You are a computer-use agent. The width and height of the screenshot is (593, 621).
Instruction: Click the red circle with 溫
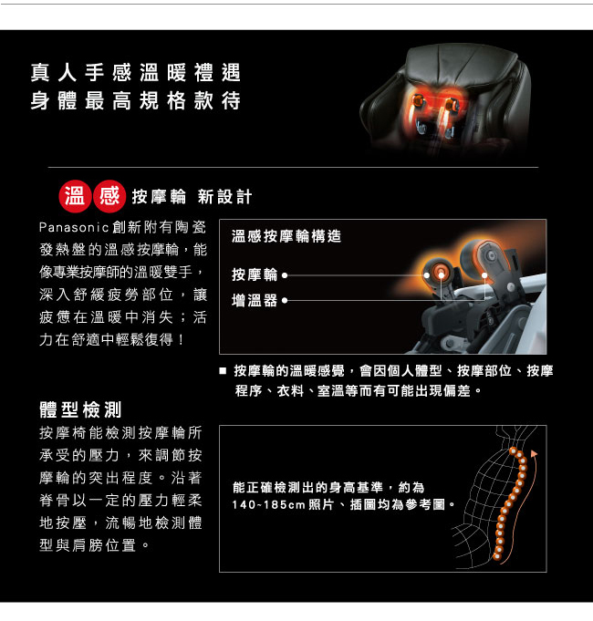click(x=75, y=196)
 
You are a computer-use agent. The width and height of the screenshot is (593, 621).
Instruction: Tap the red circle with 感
click(x=109, y=196)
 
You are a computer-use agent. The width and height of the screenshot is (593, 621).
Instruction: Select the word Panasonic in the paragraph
click(x=74, y=227)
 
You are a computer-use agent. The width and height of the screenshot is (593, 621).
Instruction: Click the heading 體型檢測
click(x=80, y=409)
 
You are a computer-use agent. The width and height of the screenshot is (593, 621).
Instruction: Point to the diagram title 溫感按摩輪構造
click(x=286, y=236)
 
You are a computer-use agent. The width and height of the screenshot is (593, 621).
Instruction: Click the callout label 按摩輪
click(x=255, y=274)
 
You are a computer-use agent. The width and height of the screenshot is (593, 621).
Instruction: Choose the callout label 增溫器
click(x=255, y=301)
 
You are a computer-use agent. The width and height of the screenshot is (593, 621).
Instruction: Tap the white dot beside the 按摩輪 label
click(x=285, y=275)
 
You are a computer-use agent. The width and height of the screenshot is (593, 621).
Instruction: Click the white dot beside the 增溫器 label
click(x=285, y=301)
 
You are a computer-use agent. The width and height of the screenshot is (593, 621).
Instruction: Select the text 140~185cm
click(x=268, y=505)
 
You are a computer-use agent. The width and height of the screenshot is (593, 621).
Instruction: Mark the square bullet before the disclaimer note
click(x=223, y=371)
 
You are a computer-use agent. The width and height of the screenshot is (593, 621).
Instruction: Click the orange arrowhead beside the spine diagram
click(x=535, y=453)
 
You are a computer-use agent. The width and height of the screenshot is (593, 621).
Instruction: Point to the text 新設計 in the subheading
click(x=224, y=197)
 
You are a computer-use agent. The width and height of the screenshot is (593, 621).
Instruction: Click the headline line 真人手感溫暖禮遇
click(x=135, y=72)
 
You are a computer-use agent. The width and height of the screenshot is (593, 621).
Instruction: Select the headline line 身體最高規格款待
click(x=135, y=100)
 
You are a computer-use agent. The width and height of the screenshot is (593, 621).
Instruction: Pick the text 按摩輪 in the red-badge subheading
click(x=159, y=197)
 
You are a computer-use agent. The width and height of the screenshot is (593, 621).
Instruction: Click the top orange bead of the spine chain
click(x=513, y=450)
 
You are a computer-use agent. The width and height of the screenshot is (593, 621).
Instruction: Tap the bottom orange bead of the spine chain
click(x=496, y=556)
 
